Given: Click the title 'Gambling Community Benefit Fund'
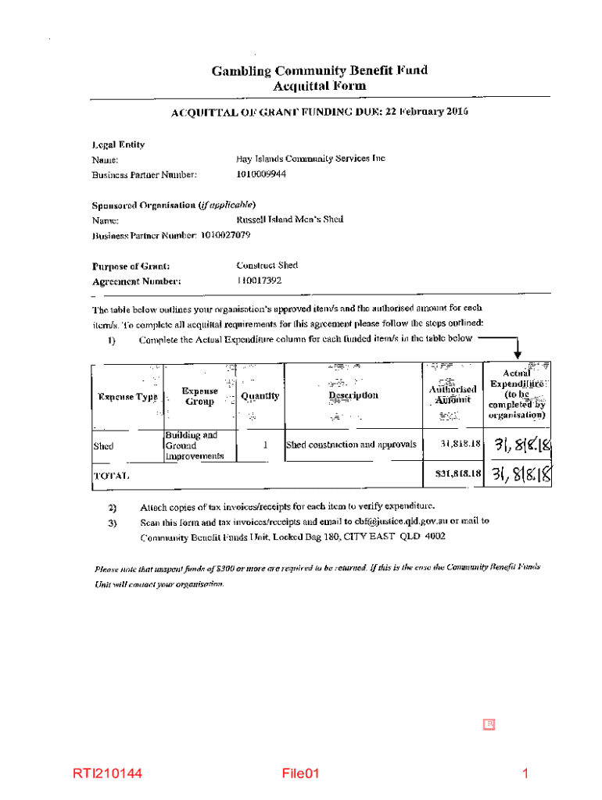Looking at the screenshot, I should pyautogui.click(x=320, y=71).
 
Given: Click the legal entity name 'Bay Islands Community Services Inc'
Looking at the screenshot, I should pyautogui.click(x=310, y=159).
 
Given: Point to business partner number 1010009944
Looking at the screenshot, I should pyautogui.click(x=261, y=174).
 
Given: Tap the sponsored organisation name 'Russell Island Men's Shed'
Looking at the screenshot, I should pyautogui.click(x=289, y=220).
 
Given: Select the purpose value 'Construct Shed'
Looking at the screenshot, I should pyautogui.click(x=267, y=265).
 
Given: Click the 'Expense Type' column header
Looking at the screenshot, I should pyautogui.click(x=127, y=397).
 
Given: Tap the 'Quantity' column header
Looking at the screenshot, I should pyautogui.click(x=260, y=396).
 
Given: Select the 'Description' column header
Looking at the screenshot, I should pyautogui.click(x=353, y=395).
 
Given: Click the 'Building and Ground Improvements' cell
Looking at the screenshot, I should pyautogui.click(x=193, y=445).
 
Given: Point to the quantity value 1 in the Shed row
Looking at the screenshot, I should pyautogui.click(x=266, y=445).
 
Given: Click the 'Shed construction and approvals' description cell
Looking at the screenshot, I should pyautogui.click(x=351, y=445).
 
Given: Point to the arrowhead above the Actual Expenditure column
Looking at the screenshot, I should pyautogui.click(x=518, y=355).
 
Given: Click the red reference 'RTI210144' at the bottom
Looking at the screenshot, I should pyautogui.click(x=108, y=774).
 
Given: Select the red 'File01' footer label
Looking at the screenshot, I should pyautogui.click(x=302, y=774).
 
